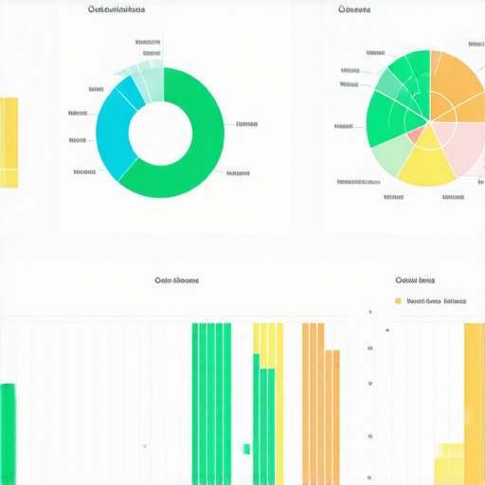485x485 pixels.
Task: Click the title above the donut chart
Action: [116, 9]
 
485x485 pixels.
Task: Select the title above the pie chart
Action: [353, 9]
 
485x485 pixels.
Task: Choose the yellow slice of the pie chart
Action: [427, 159]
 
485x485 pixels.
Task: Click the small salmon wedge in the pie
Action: [415, 135]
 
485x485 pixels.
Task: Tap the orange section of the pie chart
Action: [455, 85]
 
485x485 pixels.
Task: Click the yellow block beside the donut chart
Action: [9, 142]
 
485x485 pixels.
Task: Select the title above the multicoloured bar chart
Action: [176, 280]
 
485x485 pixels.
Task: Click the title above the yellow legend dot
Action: [415, 281]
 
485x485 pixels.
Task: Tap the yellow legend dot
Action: [398, 301]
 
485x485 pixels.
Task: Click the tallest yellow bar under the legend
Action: [474, 403]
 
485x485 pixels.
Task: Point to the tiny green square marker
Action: [246, 448]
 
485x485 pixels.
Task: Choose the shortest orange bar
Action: [334, 417]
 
